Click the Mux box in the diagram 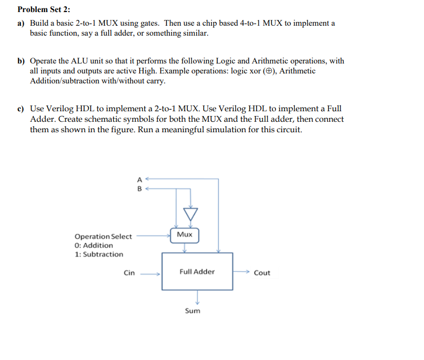point(185,235)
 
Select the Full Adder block point(197,271)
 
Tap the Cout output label point(262,273)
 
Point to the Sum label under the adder point(193,311)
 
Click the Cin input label point(129,273)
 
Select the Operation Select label point(103,237)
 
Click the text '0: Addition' point(94,246)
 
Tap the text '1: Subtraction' point(99,255)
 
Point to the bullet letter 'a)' point(21,24)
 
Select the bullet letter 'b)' point(21,61)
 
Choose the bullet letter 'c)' point(21,109)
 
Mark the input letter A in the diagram point(139,178)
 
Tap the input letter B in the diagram point(139,188)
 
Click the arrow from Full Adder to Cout point(242,272)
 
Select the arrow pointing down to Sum point(197,298)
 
